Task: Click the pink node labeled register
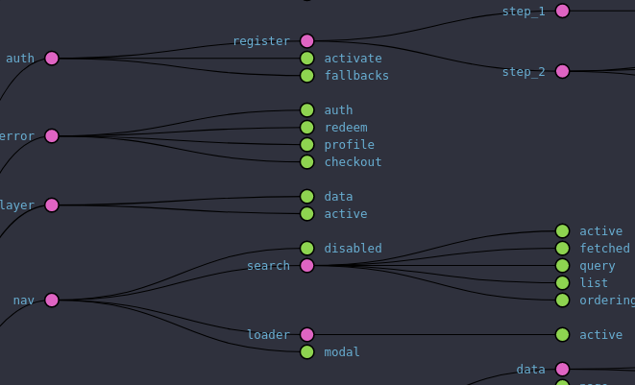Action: coord(307,41)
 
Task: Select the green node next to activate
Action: coord(307,59)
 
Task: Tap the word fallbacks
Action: coord(356,76)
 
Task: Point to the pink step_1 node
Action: coord(563,12)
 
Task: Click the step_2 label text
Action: coord(524,72)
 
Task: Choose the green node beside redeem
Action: coord(307,128)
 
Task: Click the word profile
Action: coord(349,145)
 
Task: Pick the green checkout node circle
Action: coord(307,162)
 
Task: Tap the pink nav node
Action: coord(52,301)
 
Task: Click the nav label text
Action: coord(24,301)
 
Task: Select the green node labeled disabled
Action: coord(307,249)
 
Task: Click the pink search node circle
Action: coord(307,266)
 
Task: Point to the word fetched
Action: coord(604,249)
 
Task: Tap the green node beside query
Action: coord(563,266)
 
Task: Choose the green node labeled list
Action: coord(563,283)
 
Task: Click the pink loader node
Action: coord(307,335)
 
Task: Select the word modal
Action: coord(342,352)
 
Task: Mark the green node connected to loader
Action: coord(563,335)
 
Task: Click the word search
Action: coord(268,266)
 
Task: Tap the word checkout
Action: coord(353,162)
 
